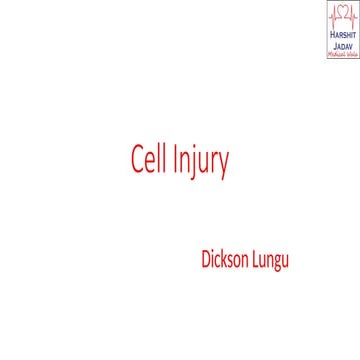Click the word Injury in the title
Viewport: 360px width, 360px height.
201,161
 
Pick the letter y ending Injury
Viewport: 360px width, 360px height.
223,165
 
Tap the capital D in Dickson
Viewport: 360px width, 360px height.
205,262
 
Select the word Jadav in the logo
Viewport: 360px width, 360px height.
341,47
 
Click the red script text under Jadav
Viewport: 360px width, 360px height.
341,55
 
